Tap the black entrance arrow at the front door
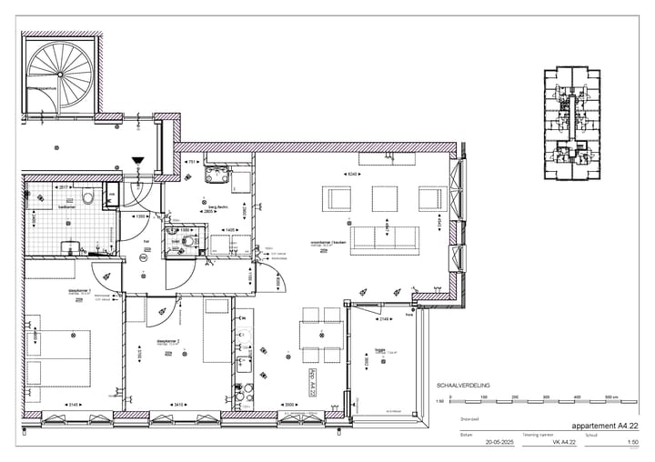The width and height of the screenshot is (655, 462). pos(138,161)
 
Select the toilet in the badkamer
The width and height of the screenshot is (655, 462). pos(87,196)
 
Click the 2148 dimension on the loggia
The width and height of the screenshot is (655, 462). pos(385,319)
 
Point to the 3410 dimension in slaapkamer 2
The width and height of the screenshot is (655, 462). pos(179,405)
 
